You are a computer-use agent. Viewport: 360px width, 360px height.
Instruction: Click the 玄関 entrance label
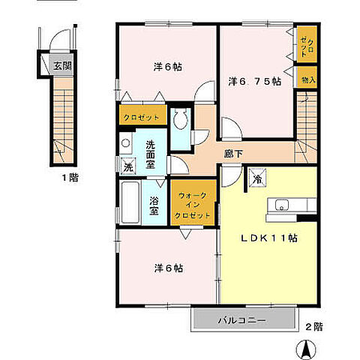[62, 66]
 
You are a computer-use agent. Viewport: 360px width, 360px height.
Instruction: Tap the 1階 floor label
[70, 178]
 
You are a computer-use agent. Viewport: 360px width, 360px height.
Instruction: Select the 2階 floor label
[314, 326]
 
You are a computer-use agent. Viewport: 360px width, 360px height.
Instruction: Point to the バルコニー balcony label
[241, 320]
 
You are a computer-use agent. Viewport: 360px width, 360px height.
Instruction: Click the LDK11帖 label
[269, 238]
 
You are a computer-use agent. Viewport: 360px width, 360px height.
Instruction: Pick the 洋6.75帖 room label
[255, 82]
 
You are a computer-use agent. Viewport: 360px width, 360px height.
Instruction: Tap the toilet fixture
[181, 118]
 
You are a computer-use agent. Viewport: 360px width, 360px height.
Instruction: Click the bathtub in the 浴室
[130, 202]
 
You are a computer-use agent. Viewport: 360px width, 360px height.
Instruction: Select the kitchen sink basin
[282, 205]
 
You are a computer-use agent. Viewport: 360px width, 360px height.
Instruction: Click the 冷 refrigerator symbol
[257, 177]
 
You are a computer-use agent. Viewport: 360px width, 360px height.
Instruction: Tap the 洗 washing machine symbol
[128, 166]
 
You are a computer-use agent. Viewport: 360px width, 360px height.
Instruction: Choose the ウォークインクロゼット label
[193, 205]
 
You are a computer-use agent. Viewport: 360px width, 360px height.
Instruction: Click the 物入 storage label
[308, 80]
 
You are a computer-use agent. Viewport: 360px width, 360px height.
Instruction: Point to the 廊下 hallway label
[233, 154]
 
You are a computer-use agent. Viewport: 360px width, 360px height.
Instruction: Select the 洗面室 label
[151, 154]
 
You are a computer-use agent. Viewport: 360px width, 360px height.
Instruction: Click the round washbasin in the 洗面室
[125, 143]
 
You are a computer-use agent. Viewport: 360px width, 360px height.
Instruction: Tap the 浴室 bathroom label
[154, 205]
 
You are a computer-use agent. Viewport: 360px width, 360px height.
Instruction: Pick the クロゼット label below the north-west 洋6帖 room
[142, 117]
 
